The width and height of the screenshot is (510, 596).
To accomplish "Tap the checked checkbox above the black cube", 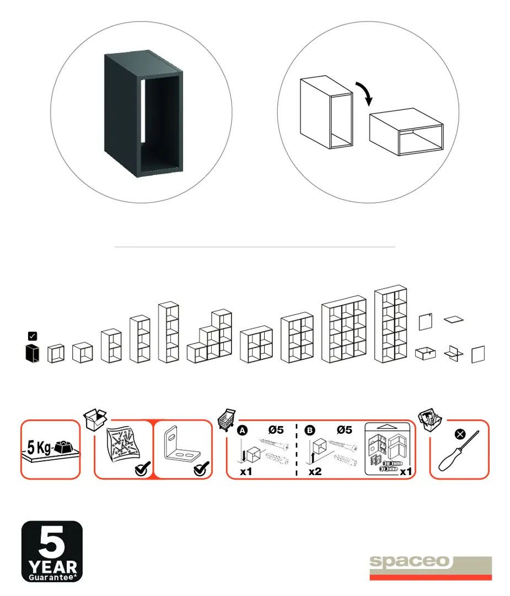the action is click(x=33, y=336).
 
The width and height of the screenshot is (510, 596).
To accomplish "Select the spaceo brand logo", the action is click(x=431, y=568).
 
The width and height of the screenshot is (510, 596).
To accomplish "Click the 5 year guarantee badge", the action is click(x=52, y=551).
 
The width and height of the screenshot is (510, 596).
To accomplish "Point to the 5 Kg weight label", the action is click(x=39, y=448).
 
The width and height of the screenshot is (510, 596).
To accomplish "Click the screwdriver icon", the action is click(x=459, y=451).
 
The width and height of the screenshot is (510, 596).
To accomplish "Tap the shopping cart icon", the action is click(x=227, y=420).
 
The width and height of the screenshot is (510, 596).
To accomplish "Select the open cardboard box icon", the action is click(x=95, y=419).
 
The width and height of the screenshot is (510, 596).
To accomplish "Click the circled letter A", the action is click(x=242, y=430).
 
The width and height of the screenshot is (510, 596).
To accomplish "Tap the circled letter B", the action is click(x=310, y=430).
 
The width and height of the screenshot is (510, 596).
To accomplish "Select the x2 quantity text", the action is click(x=315, y=472).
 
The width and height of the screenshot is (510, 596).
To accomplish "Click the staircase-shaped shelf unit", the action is click(x=210, y=337).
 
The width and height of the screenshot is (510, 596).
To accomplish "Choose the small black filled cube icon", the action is click(x=33, y=353).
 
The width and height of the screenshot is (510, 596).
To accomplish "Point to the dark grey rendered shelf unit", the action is click(x=143, y=113).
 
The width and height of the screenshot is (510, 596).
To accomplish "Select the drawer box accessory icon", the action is click(x=425, y=354).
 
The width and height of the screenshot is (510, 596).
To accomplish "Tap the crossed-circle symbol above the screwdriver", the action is click(x=460, y=434).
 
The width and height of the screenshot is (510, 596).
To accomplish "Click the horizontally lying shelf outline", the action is click(x=406, y=132).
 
